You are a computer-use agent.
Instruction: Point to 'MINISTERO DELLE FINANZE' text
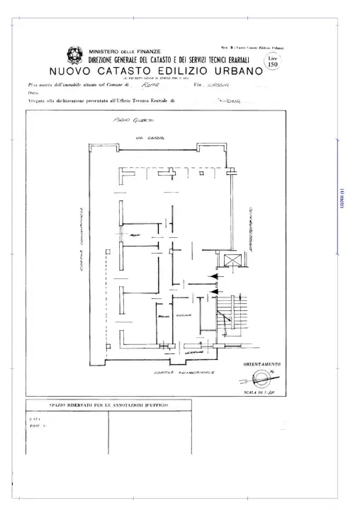pyautogui.click(x=125, y=51)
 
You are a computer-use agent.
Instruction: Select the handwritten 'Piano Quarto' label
pyautogui.click(x=128, y=122)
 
